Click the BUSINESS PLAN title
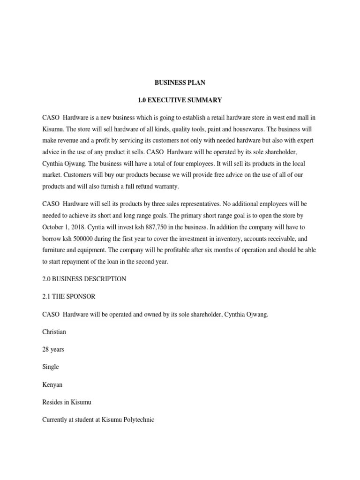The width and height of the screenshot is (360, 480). pos(180,82)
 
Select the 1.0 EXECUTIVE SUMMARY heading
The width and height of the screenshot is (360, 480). pos(180,100)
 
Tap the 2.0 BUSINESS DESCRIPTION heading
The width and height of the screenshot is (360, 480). pos(84,279)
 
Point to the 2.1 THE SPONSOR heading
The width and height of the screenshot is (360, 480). pos(69,297)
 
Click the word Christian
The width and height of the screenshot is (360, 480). pos(54,332)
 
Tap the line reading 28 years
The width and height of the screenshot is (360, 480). pos(53,349)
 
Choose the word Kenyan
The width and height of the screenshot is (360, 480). pos(52,384)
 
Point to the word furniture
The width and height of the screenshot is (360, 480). pos(54,250)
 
